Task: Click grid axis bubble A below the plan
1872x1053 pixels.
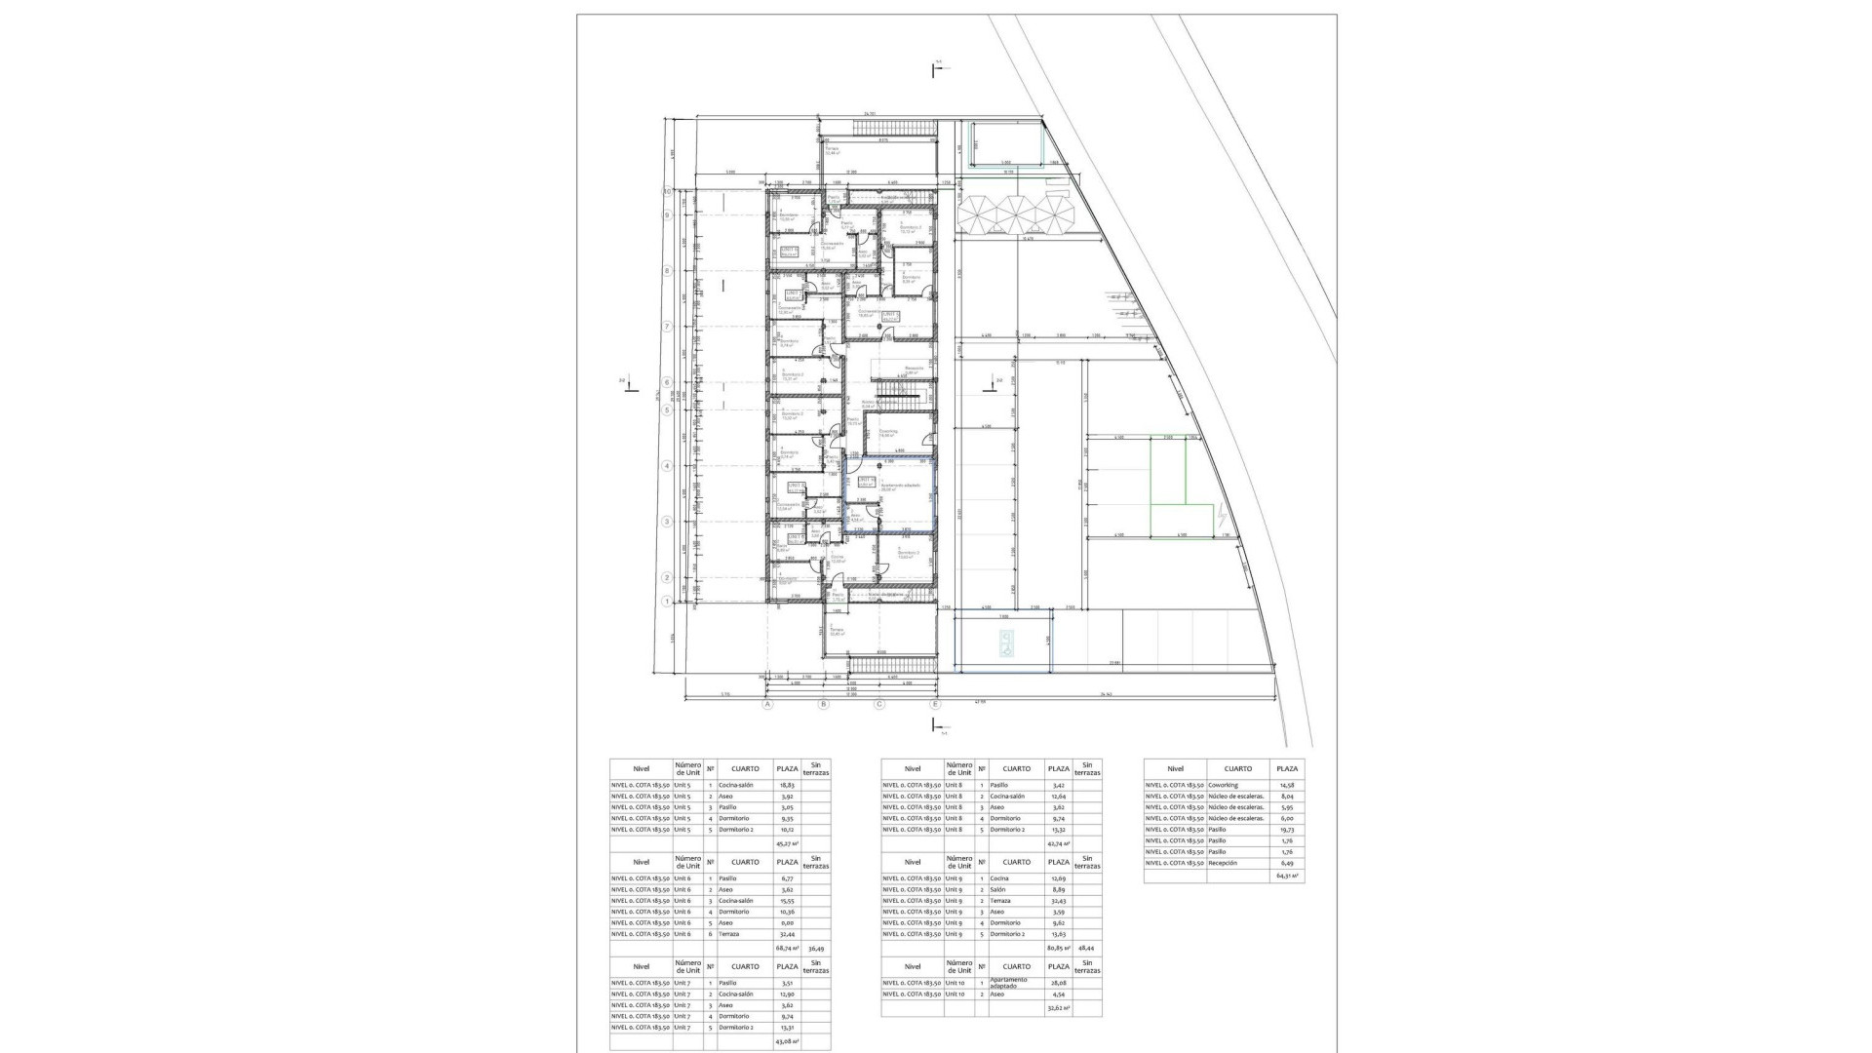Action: tap(767, 703)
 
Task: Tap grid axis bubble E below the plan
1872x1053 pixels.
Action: tap(935, 703)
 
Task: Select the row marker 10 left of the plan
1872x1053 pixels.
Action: tap(667, 192)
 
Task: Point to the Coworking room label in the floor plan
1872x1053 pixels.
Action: tap(888, 431)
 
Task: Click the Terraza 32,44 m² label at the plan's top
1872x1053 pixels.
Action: tap(833, 151)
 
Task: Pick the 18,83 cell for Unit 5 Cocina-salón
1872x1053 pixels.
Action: tap(787, 785)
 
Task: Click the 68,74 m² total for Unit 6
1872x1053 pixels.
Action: tap(787, 948)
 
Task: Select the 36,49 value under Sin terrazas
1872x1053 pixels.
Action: tap(816, 948)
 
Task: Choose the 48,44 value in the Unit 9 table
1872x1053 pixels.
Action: tap(1087, 948)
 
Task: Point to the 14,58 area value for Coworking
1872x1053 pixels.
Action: tap(1288, 785)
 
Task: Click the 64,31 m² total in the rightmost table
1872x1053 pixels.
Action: tap(1288, 877)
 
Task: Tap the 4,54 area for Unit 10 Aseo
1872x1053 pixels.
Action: tap(1058, 994)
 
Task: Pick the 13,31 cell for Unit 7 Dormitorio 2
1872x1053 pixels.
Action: tap(787, 1028)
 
